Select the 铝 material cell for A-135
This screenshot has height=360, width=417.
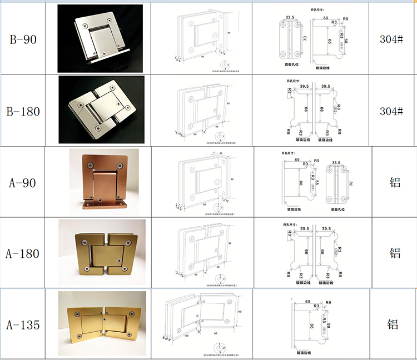coord(393,325)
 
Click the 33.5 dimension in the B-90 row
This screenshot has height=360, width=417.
coord(289,17)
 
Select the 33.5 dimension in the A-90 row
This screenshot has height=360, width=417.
coord(336,163)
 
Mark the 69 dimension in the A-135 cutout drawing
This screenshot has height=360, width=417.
coord(307,302)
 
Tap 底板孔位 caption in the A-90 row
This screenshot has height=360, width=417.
coord(339,209)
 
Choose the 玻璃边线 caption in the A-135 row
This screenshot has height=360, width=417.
coord(307,352)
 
